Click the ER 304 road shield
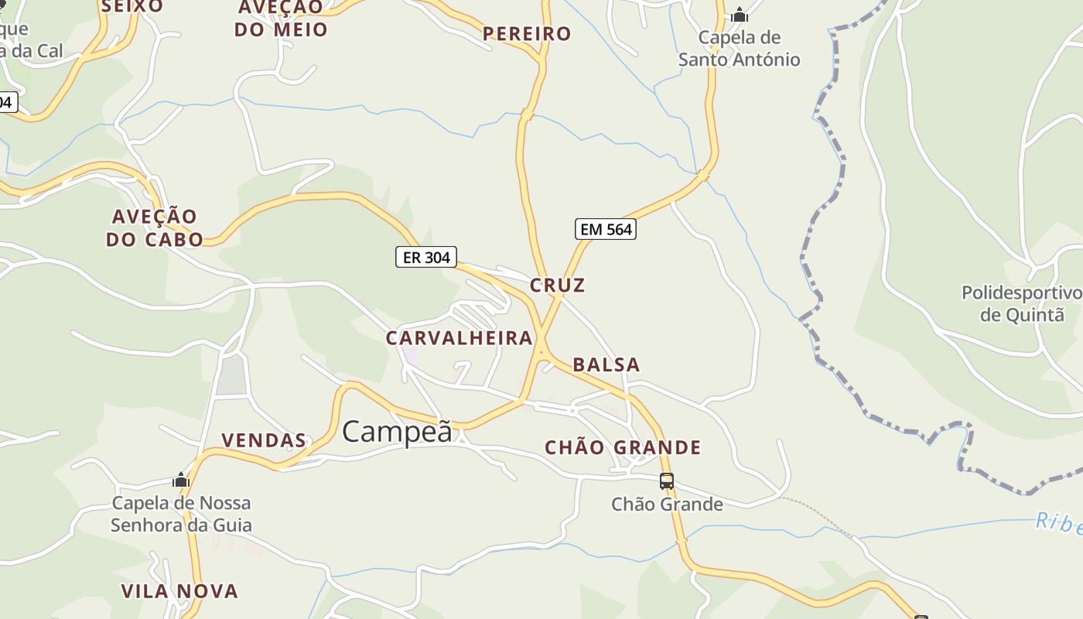click(x=426, y=257)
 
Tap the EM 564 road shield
click(x=606, y=229)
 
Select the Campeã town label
click(x=397, y=431)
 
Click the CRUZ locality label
click(x=558, y=286)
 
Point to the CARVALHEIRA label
click(x=460, y=338)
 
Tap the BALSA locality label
click(x=606, y=365)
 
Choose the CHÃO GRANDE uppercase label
click(x=623, y=448)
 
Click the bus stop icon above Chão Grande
click(x=667, y=480)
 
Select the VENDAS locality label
click(x=264, y=441)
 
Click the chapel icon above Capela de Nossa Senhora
click(x=181, y=480)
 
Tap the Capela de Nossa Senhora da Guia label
click(x=181, y=515)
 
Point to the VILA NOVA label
click(x=179, y=592)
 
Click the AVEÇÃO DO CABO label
click(x=155, y=227)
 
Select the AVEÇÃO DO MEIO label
click(x=282, y=19)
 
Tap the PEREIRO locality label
click(x=527, y=34)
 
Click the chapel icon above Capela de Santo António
click(x=740, y=15)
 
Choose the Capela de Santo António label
click(x=740, y=49)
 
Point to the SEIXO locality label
click(x=132, y=7)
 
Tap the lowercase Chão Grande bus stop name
click(x=667, y=504)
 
